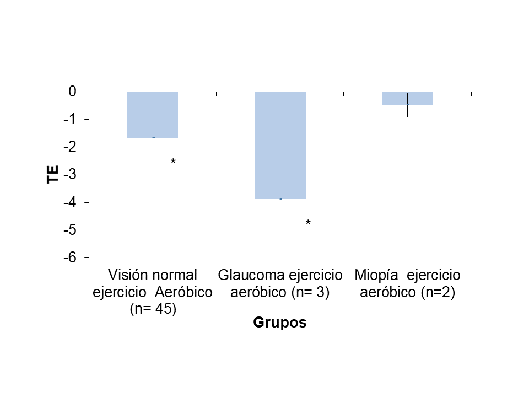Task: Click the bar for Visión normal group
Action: (153, 115)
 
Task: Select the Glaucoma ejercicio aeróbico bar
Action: (280, 145)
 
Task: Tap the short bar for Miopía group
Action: (407, 98)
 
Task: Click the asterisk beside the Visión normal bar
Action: (173, 162)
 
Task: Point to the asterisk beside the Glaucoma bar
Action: (308, 223)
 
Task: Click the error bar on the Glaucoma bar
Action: (280, 199)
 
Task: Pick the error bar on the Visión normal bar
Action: (153, 138)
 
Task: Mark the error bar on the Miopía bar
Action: (407, 105)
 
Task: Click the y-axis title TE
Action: (53, 175)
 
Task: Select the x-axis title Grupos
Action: (279, 323)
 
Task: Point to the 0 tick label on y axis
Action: (72, 92)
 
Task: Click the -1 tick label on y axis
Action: (70, 119)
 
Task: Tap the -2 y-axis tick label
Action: (70, 147)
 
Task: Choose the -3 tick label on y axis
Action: (70, 175)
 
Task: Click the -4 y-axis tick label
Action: (70, 202)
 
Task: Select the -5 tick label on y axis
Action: (70, 230)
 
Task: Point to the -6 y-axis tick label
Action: (70, 257)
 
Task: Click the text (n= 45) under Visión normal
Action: (153, 309)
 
